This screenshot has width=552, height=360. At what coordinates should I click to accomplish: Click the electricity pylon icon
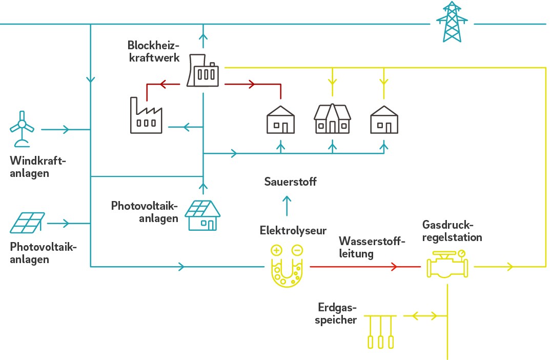tap(452, 22)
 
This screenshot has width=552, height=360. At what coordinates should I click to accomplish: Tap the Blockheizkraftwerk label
tap(154, 51)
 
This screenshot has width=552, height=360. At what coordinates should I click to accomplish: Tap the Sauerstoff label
tap(291, 182)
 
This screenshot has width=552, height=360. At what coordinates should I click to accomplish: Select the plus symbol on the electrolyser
tap(277, 251)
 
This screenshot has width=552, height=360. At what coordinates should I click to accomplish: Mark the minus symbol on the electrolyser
tap(297, 251)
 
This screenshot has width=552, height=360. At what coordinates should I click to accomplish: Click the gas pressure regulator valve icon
tap(447, 265)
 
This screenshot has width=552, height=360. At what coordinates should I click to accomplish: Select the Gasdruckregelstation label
tap(452, 231)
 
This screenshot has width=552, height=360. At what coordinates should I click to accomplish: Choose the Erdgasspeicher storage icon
tap(381, 331)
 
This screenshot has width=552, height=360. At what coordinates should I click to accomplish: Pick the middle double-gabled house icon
tap(332, 119)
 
